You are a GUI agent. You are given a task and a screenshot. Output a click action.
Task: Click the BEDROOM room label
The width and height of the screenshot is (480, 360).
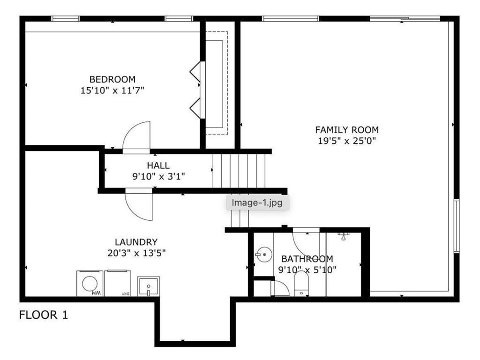pyautogui.click(x=112, y=79)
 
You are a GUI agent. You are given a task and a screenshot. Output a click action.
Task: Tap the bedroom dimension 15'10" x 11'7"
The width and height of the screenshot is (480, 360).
pyautogui.click(x=112, y=90)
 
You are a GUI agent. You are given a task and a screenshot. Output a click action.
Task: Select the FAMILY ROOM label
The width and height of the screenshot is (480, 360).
pyautogui.click(x=347, y=130)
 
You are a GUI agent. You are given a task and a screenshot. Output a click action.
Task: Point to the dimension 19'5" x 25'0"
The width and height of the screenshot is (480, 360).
pyautogui.click(x=347, y=141)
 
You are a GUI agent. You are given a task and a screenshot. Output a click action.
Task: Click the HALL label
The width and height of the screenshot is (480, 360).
pyautogui.click(x=158, y=165)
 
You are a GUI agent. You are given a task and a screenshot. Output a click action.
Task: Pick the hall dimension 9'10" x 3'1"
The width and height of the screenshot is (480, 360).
pyautogui.click(x=158, y=177)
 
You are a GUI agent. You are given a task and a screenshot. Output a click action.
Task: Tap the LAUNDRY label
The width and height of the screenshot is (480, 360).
pyautogui.click(x=136, y=242)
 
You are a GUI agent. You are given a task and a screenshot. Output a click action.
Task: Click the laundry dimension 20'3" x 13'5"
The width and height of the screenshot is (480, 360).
pyautogui.click(x=136, y=253)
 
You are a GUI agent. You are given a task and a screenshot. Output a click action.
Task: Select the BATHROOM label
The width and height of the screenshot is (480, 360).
pyautogui.click(x=307, y=259)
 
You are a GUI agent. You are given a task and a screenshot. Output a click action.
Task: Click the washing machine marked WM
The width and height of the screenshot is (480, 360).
pyautogui.click(x=90, y=284)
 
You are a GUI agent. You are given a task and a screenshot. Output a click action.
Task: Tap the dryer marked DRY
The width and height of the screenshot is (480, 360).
pyautogui.click(x=118, y=284)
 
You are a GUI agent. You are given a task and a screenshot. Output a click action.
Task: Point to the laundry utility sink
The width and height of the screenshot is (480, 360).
pyautogui.click(x=149, y=286)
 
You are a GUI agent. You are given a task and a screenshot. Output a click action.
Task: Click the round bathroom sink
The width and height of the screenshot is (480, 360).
pyautogui.click(x=264, y=255)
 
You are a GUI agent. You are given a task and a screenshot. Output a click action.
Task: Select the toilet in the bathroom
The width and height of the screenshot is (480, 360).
pyautogui.click(x=301, y=284)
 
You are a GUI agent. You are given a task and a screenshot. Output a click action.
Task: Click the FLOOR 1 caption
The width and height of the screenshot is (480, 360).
pyautogui.click(x=44, y=315)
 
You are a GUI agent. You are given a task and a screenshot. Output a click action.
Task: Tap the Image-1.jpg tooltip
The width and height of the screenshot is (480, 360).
pyautogui.click(x=257, y=202)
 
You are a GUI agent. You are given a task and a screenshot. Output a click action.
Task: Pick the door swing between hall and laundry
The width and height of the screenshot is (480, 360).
pyautogui.click(x=132, y=209)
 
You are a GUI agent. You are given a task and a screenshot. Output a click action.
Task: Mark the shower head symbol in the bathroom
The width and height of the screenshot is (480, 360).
pyautogui.click(x=344, y=236)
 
